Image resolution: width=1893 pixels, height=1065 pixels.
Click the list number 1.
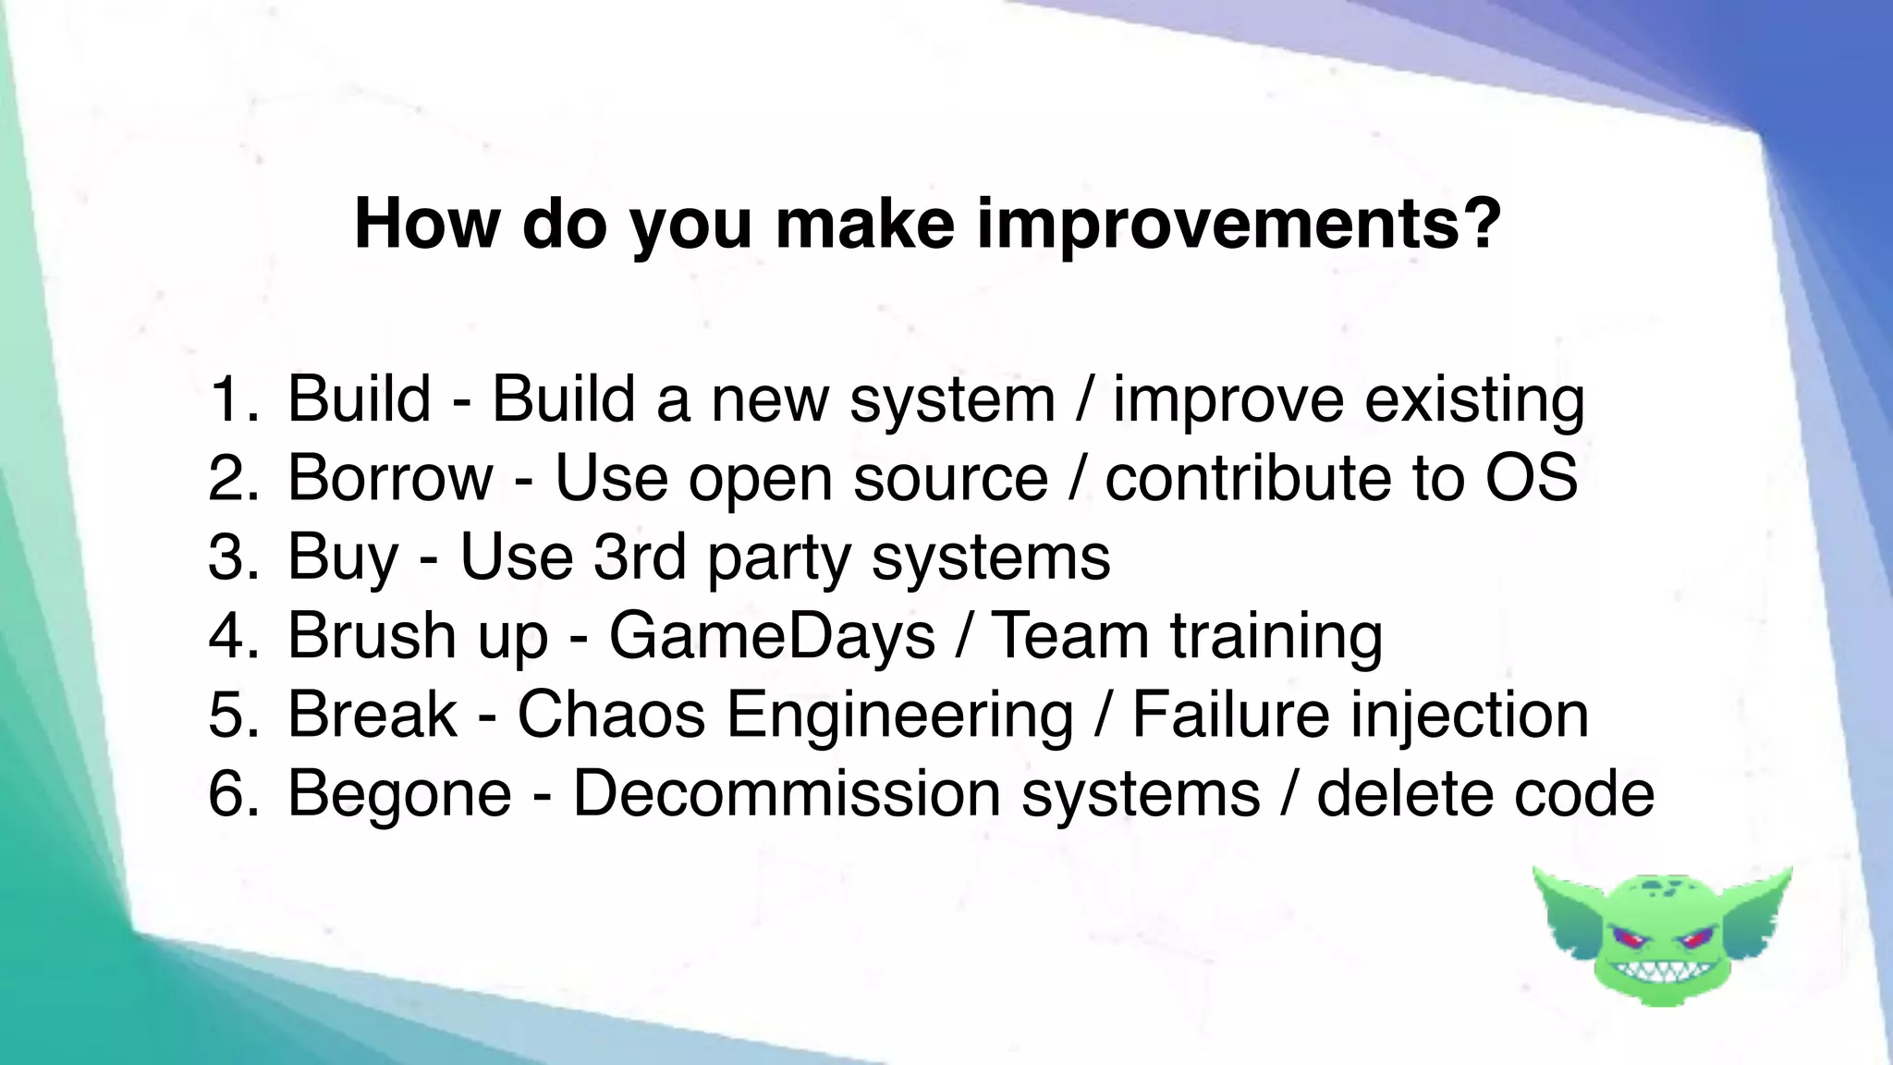(232, 399)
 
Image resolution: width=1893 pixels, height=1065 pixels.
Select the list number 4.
(232, 636)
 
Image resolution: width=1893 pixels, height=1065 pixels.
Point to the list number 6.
(232, 793)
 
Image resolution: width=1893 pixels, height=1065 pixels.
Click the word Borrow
(390, 478)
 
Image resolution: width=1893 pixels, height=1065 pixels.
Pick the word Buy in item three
(342, 557)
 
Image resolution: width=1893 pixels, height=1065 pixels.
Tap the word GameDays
(772, 636)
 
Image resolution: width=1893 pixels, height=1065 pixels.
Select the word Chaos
(611, 715)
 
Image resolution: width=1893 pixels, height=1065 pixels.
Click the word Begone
(399, 795)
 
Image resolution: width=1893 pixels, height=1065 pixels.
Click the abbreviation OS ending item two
(1531, 478)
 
